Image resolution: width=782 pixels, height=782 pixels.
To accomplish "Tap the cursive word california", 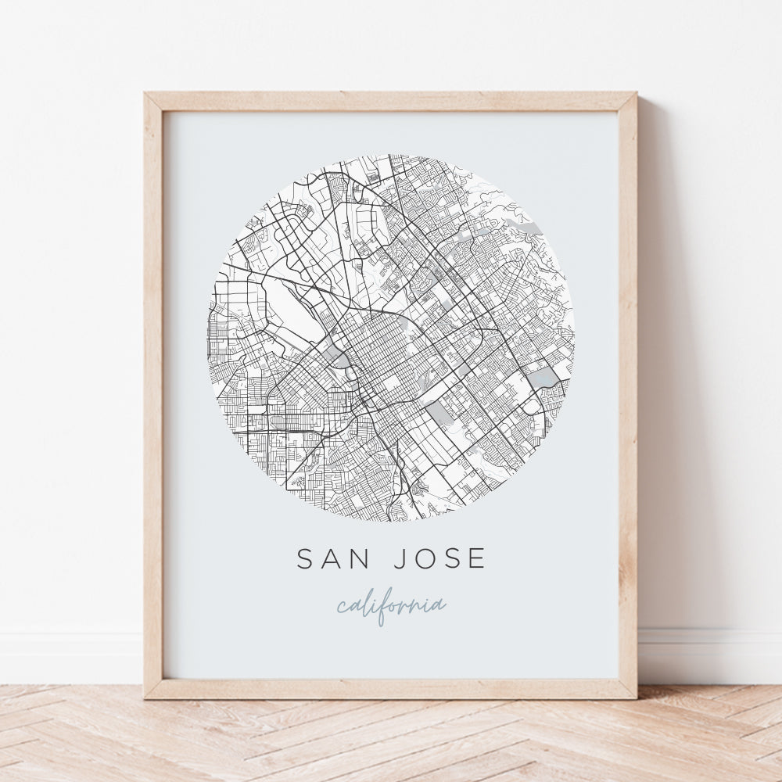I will tap(391, 606).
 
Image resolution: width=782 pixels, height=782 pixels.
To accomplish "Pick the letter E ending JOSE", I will tap(477, 558).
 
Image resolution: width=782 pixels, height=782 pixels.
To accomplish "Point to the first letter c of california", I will tap(342, 608).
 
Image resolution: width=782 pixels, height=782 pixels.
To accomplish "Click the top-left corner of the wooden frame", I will tap(146, 95).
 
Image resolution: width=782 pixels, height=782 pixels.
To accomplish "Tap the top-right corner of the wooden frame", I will tap(635, 95).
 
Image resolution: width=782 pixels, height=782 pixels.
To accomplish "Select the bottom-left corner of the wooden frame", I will tap(146, 697).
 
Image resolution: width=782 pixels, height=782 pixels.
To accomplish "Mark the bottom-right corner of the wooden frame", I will tap(635, 697).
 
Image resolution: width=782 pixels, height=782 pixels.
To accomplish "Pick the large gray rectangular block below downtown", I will tap(438, 412).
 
